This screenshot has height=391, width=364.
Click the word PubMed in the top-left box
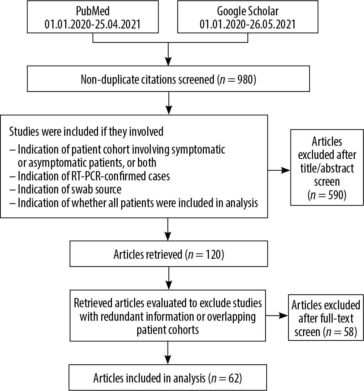pyautogui.click(x=93, y=11)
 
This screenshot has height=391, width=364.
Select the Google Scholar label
pyautogui.click(x=248, y=11)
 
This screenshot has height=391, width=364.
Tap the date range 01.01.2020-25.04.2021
pyautogui.click(x=93, y=25)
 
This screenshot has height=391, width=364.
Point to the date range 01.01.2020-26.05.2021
pyautogui.click(x=247, y=25)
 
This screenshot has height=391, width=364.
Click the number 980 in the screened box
pyautogui.click(x=245, y=79)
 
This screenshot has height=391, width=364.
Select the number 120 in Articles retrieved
pyautogui.click(x=213, y=254)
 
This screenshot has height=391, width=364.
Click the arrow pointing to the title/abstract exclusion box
pyautogui.click(x=279, y=170)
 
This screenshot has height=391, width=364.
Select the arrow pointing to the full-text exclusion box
pyautogui.click(x=277, y=316)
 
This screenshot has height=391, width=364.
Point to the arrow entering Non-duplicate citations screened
pyautogui.click(x=169, y=54)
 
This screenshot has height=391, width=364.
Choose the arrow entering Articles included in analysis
pyautogui.click(x=168, y=353)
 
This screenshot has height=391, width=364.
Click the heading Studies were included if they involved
pyautogui.click(x=86, y=132)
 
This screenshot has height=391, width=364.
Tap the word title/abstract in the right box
pyautogui.click(x=327, y=168)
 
